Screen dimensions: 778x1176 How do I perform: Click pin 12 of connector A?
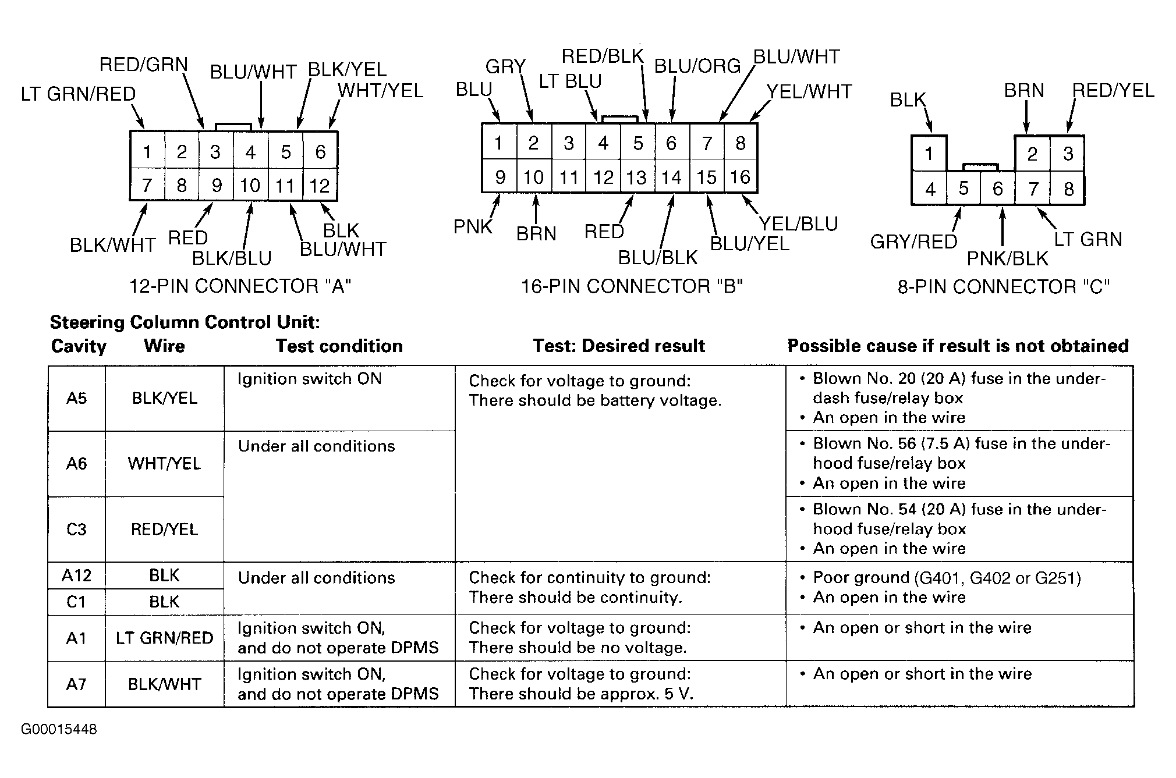320,186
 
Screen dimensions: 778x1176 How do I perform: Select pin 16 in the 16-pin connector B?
740,176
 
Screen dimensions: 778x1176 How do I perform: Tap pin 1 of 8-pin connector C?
929,154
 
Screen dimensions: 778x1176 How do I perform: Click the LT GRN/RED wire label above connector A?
78,94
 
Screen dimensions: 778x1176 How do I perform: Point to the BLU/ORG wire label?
697,66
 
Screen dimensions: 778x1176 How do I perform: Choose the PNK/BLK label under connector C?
1007,258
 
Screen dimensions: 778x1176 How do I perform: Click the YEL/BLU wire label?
798,224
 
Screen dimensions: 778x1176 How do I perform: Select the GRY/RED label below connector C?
913,241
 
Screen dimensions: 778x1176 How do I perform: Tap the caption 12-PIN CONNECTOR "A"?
240,286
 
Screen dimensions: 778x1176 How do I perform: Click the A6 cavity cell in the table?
76,464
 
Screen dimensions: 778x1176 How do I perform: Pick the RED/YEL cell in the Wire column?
164,530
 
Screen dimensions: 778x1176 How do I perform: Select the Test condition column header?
339,346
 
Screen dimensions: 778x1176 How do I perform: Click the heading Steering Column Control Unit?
185,322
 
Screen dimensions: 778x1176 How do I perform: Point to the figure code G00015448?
59,730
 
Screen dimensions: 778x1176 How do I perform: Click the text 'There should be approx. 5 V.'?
581,694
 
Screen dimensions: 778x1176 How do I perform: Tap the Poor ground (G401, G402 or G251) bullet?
947,578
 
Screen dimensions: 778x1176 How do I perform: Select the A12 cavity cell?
76,575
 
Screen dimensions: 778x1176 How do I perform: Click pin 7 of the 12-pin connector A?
147,186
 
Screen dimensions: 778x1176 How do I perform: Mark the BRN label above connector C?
1024,91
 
